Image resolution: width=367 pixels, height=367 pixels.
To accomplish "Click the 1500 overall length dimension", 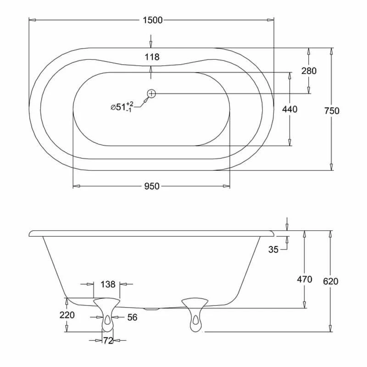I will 152,20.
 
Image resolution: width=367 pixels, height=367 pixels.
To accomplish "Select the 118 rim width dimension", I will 152,57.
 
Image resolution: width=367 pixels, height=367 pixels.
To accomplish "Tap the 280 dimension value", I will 309,71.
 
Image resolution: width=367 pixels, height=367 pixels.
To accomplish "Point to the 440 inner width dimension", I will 290,109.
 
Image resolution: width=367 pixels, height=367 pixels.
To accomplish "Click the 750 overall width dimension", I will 332,111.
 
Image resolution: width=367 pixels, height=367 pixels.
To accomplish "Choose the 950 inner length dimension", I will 152,186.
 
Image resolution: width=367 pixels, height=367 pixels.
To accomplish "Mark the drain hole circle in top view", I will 152,94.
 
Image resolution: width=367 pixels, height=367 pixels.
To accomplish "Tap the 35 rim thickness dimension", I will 273,250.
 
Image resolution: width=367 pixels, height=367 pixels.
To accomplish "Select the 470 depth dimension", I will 305,279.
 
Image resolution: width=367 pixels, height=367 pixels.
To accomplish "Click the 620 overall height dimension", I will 330,281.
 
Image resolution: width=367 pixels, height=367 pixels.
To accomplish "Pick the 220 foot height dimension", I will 67,315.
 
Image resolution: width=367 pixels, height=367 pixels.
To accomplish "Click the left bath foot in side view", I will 107,314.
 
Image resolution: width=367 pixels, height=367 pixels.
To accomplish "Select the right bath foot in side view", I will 195,314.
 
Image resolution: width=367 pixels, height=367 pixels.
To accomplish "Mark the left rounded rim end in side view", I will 32,234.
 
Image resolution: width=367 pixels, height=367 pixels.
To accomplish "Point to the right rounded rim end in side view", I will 272,234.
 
